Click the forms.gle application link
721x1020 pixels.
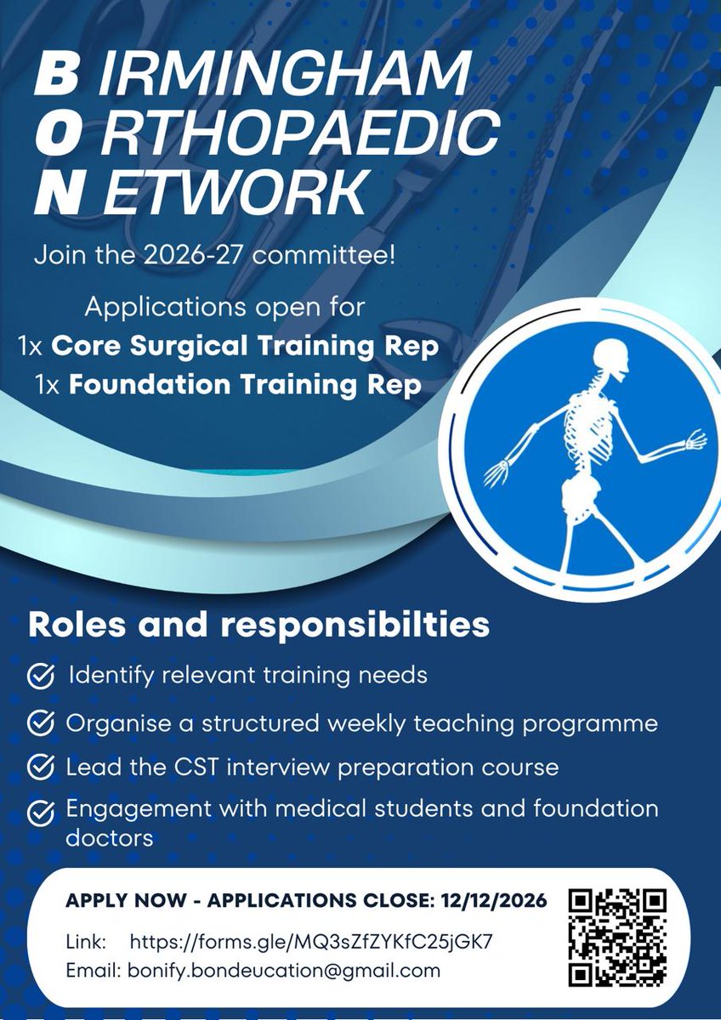click(311, 942)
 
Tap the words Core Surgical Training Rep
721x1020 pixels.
click(244, 346)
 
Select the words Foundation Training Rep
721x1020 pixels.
click(244, 385)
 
